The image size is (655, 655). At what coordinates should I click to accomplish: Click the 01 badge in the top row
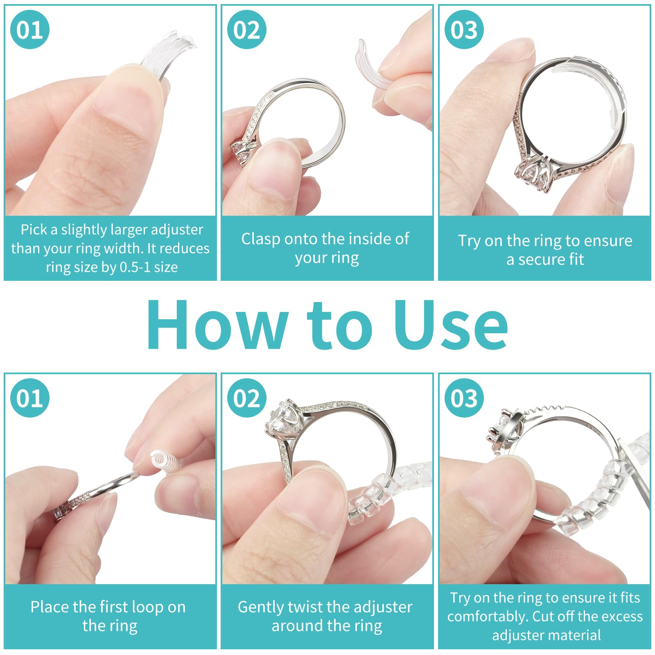point(29,29)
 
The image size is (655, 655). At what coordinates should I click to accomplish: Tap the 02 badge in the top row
point(246,29)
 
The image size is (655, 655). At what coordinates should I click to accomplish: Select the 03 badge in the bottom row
point(464,398)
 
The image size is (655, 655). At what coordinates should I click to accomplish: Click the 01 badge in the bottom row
point(29,398)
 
